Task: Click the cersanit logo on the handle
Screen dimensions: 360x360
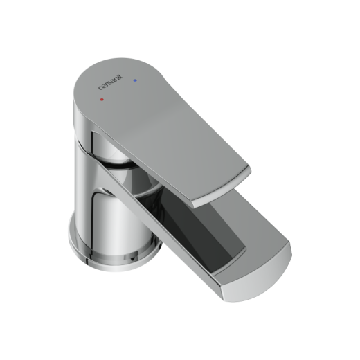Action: [111, 82]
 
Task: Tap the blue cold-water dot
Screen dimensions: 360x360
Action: [135, 80]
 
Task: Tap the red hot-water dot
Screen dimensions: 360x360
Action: [102, 100]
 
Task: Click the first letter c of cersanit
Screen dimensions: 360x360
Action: [100, 88]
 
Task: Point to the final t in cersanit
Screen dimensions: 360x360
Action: [122, 76]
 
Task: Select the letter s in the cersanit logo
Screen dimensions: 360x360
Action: [109, 83]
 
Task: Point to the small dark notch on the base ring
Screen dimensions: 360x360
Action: [132, 259]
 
